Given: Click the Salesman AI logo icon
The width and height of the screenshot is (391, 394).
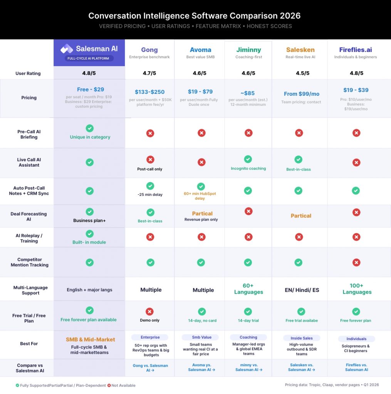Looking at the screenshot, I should [x=67, y=48].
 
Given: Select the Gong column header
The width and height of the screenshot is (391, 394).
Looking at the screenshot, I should [x=149, y=50].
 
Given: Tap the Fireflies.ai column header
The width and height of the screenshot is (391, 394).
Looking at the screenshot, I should [x=356, y=50].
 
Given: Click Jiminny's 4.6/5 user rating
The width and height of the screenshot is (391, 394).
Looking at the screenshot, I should [x=248, y=73].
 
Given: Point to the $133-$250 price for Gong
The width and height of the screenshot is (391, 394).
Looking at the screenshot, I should [x=149, y=92].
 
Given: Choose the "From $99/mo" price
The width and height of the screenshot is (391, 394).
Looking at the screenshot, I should [x=301, y=93].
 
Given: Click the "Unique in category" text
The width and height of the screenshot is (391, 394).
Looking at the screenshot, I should [x=90, y=137].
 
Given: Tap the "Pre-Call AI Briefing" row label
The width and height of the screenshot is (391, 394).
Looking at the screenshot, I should [x=29, y=134].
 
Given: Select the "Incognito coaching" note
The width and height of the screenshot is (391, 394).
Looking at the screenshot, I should [x=248, y=169].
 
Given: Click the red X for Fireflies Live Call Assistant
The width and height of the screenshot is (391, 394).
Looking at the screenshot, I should [x=356, y=162].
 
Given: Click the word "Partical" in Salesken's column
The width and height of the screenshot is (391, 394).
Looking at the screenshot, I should [x=301, y=216].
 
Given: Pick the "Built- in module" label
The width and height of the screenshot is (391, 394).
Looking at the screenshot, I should [x=89, y=242].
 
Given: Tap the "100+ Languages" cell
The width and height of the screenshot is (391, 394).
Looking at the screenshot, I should [x=357, y=289].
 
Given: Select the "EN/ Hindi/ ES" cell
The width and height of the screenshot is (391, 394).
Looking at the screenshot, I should [x=302, y=290].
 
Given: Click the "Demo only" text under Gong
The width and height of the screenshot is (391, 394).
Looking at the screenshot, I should [x=149, y=320].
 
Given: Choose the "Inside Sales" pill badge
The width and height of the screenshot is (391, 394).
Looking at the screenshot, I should [x=301, y=338].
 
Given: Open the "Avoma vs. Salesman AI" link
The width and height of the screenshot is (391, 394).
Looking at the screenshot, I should [x=201, y=367].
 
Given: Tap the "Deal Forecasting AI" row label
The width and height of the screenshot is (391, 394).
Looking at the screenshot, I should [x=29, y=216].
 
